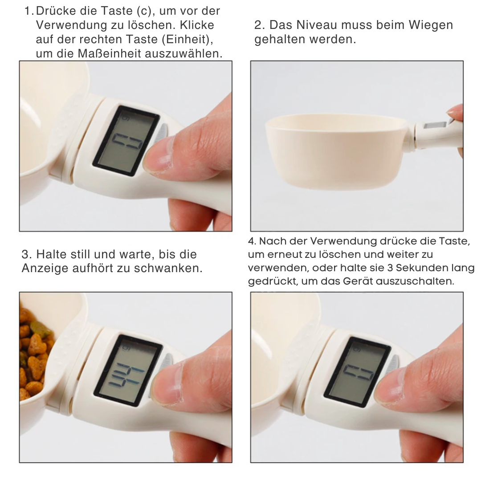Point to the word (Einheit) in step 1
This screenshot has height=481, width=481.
187,39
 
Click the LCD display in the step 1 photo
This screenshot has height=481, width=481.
126,141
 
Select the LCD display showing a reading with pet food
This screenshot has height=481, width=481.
128,371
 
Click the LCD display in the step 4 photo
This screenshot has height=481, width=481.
357,372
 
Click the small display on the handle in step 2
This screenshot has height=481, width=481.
435,125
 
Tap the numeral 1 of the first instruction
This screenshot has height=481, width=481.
28,11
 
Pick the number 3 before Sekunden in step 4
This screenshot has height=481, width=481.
390,268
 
